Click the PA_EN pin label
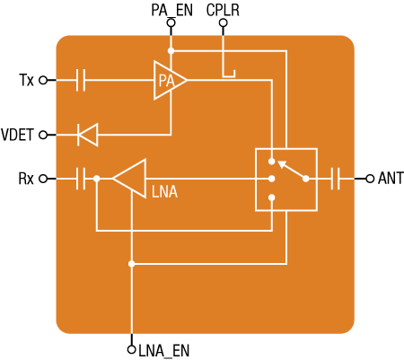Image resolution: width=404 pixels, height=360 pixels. click(x=171, y=11)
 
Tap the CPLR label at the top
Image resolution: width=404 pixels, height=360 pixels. click(x=223, y=10)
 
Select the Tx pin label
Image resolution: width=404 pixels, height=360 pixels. click(x=26, y=80)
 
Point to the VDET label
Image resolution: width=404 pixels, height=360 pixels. click(x=17, y=135)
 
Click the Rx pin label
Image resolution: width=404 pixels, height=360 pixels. click(x=26, y=179)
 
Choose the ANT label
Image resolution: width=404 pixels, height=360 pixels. click(x=391, y=179)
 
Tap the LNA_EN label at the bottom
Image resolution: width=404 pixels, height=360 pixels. click(x=164, y=350)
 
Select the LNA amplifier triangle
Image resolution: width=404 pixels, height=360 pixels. click(x=129, y=179)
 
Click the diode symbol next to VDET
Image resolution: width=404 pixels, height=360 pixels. click(x=88, y=135)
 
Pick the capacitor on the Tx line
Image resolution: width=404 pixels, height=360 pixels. click(x=81, y=80)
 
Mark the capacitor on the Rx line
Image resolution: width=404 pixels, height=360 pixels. click(x=81, y=179)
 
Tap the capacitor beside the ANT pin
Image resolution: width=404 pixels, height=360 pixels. click(x=335, y=179)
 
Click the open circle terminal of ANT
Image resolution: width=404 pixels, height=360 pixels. click(x=370, y=179)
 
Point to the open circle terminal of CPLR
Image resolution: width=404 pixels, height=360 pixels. click(x=223, y=22)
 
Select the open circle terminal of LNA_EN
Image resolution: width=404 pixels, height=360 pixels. click(x=131, y=349)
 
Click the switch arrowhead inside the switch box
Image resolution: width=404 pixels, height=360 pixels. click(x=282, y=164)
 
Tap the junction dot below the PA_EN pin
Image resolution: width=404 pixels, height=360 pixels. click(x=171, y=51)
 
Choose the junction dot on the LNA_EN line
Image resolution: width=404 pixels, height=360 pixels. click(x=131, y=264)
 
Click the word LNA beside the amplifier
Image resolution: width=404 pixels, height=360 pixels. click(x=164, y=192)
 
